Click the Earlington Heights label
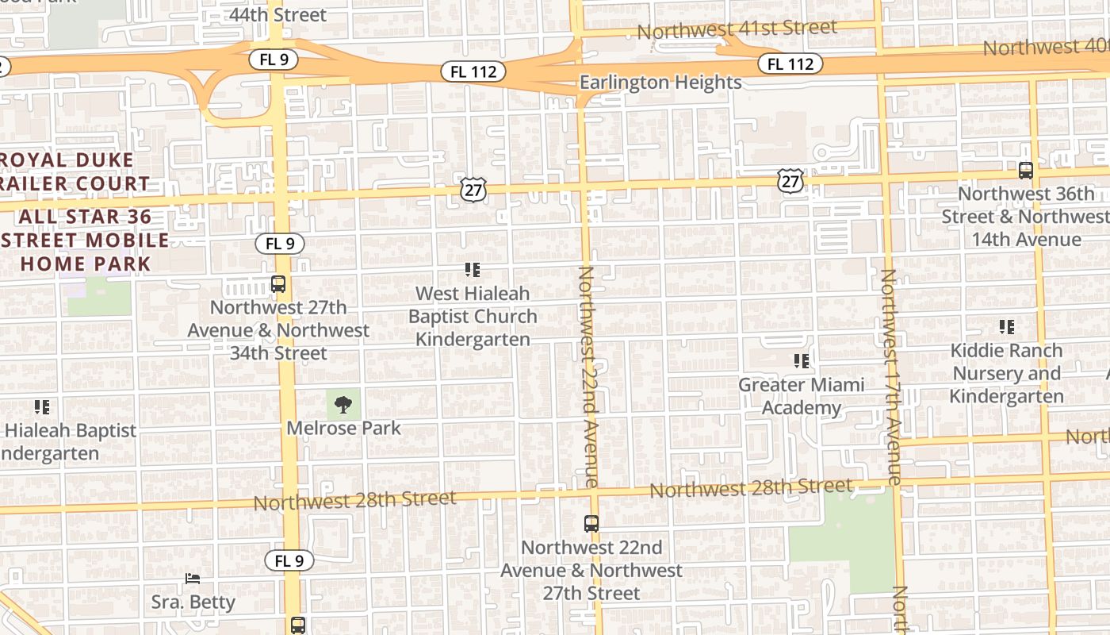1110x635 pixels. tap(660, 83)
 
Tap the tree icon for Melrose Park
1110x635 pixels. tap(343, 406)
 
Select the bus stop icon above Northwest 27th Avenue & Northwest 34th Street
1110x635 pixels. tap(278, 283)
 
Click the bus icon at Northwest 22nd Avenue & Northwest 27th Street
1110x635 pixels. tap(591, 524)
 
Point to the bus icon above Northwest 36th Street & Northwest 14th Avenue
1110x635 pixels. tap(1026, 171)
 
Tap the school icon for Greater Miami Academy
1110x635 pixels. tap(802, 361)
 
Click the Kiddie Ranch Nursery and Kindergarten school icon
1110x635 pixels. tap(1007, 326)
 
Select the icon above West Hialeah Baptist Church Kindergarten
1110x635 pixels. tap(473, 270)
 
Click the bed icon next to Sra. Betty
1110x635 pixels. tap(193, 578)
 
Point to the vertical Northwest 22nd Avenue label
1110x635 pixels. tap(588, 376)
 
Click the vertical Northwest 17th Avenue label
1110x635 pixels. tap(891, 376)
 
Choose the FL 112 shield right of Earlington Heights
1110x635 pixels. tap(790, 63)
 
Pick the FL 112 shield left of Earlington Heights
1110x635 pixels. tap(473, 71)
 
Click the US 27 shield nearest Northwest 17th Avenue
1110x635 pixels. tap(790, 180)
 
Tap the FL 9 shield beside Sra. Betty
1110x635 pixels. tap(289, 560)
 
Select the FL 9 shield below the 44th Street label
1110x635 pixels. tap(274, 60)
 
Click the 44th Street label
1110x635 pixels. tap(277, 14)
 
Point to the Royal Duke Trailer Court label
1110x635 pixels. tap(75, 171)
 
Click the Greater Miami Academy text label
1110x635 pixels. tap(801, 396)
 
